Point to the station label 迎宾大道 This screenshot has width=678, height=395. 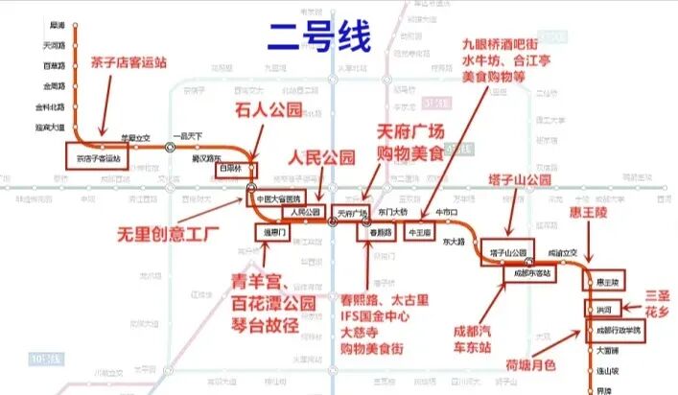[x=50, y=127]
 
